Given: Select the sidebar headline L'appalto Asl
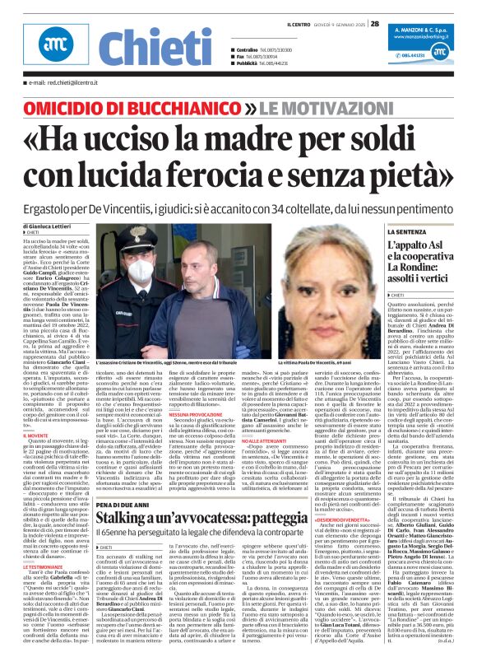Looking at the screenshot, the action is [407, 248].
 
